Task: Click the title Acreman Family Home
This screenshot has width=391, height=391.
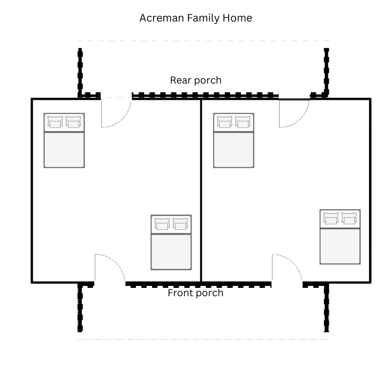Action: coord(195,18)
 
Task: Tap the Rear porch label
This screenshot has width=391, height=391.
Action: coord(195,80)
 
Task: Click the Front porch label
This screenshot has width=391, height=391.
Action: coord(195,293)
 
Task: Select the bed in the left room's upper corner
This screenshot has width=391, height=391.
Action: coord(64,140)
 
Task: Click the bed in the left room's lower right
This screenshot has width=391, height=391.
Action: coord(171,242)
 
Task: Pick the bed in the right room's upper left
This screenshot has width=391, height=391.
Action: coord(234,140)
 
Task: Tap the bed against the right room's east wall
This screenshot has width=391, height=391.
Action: coord(340,237)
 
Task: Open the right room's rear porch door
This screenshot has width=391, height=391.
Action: coord(294,113)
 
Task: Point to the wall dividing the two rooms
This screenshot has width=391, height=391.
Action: coord(201,191)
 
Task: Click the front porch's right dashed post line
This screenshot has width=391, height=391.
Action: coord(326,308)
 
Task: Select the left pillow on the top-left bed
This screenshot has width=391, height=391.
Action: coord(55,122)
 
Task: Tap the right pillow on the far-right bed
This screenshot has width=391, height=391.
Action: coord(349,218)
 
